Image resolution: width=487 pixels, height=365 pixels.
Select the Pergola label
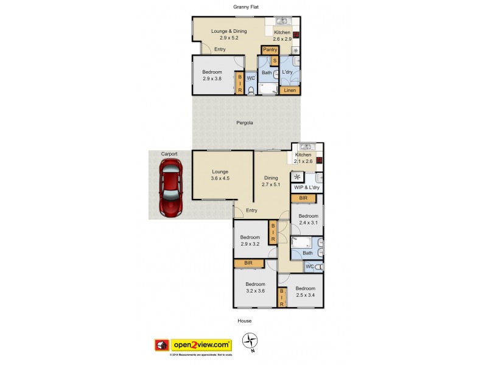pos(245,123)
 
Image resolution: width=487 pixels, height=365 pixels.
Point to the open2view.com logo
pos(201,344)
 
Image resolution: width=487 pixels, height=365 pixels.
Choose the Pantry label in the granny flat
pos(270,50)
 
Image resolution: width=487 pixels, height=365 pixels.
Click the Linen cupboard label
pos(290,91)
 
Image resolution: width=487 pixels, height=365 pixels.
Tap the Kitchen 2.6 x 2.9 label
pos(282,35)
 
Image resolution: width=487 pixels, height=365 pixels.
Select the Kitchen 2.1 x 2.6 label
pos(303,158)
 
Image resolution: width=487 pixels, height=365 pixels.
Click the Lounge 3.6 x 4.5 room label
pos(220,175)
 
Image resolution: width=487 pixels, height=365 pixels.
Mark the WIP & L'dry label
pos(307,188)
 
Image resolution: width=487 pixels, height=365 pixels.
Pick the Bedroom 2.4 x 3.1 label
pos(307,219)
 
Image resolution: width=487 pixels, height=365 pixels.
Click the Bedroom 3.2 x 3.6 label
pos(255,287)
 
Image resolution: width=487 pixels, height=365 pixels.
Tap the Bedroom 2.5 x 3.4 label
pos(305,291)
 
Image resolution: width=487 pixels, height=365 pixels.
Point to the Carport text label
pos(169,155)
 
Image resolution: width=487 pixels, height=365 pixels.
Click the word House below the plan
pos(244,321)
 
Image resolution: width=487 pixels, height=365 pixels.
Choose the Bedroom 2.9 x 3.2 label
pos(250,241)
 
